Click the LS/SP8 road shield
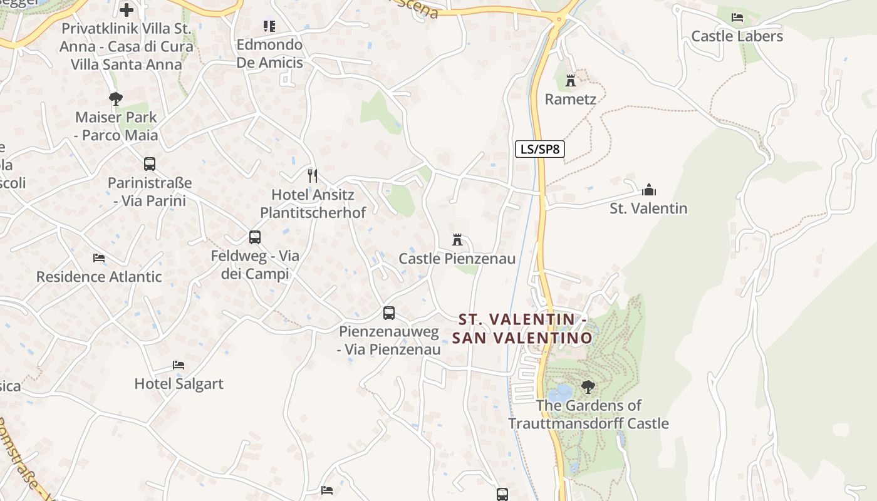[x=540, y=149]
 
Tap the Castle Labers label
[x=737, y=36]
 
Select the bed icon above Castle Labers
[x=737, y=17]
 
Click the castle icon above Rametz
[x=571, y=80]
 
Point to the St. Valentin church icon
[x=649, y=189]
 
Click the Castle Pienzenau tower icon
[x=457, y=239]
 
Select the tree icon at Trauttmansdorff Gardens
[x=588, y=386]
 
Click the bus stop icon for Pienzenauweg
[x=389, y=312]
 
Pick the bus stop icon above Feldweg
[x=254, y=237]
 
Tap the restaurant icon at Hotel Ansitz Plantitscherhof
[x=313, y=175]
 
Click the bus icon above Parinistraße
[x=149, y=164]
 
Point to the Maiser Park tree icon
[x=115, y=98]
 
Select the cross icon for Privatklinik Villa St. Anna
[x=127, y=10]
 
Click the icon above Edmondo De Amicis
[x=269, y=26]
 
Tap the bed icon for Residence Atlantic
[x=98, y=257]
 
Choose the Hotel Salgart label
[x=179, y=384]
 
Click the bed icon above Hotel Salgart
[x=179, y=365]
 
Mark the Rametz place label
[x=570, y=99]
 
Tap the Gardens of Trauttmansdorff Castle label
[x=588, y=415]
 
